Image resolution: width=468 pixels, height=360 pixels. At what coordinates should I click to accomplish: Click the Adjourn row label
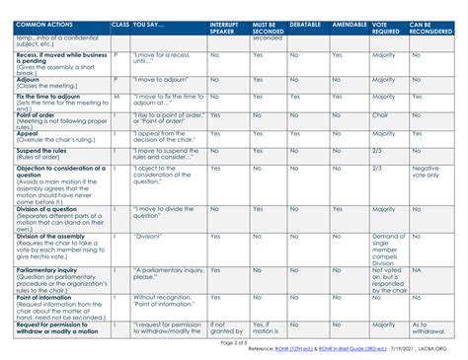[x=29, y=79]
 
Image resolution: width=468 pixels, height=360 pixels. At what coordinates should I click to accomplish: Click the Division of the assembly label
[x=54, y=237]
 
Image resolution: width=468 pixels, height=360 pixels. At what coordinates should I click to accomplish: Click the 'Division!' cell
[x=148, y=237]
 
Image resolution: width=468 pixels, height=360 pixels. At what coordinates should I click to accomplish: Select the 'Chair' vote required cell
[x=381, y=114]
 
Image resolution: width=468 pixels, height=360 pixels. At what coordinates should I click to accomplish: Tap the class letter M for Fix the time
[x=117, y=97]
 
